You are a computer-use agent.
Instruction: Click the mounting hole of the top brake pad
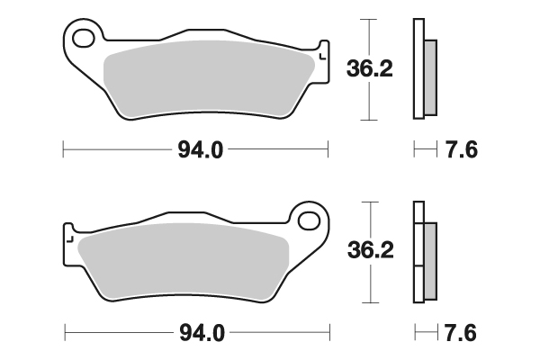tap(84, 38)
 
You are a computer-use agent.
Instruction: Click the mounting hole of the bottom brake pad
tap(309, 221)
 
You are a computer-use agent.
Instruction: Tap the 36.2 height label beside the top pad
tap(370, 69)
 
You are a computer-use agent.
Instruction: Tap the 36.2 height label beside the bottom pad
tap(371, 250)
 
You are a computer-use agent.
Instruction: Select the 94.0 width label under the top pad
tap(201, 150)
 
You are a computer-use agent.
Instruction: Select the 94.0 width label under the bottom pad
tap(202, 333)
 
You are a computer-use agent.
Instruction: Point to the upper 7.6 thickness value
tap(462, 150)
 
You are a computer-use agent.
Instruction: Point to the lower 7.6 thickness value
tap(461, 333)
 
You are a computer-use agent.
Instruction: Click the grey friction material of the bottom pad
tap(184, 261)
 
